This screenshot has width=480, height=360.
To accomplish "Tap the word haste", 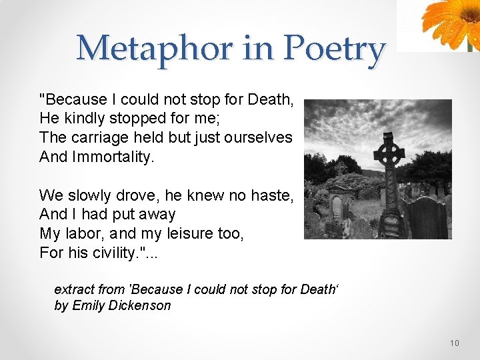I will pos(274,195).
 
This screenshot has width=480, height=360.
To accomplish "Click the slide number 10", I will pos(454,343).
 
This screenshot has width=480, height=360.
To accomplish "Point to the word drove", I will pos(138,195).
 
